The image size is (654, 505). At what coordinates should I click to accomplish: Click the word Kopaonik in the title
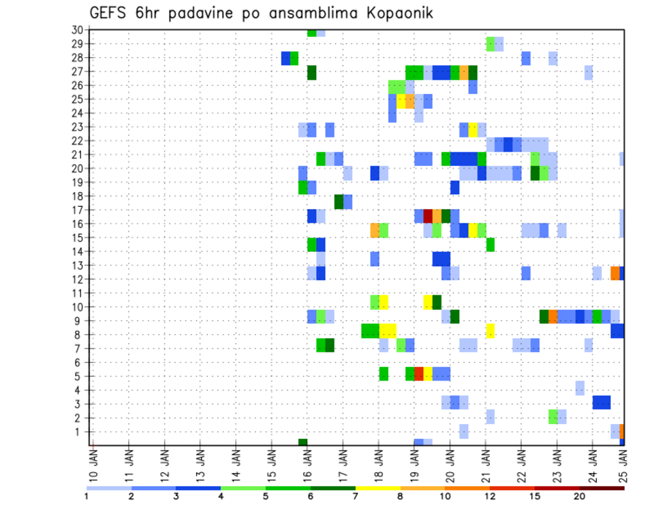tap(394, 14)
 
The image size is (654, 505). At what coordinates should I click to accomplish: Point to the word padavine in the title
tap(208, 14)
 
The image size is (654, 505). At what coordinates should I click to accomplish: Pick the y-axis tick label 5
tap(79, 376)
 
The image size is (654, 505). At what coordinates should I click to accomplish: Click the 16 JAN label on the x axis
tap(307, 466)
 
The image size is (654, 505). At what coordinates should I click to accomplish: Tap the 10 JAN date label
tap(94, 466)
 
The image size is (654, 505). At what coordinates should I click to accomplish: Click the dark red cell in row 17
tap(428, 216)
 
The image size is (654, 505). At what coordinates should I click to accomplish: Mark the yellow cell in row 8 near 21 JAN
tap(490, 331)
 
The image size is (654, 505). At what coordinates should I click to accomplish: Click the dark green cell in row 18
tap(339, 201)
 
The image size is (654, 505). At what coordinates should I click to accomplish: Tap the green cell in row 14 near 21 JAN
tap(490, 244)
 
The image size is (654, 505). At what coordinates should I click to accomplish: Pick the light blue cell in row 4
tap(580, 388)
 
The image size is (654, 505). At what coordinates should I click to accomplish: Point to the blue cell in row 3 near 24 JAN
tap(602, 402)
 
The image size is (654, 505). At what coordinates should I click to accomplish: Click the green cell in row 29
tap(490, 44)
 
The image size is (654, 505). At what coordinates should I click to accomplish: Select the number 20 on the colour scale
tap(580, 496)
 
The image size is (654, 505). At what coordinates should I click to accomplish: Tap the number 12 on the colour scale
tap(490, 496)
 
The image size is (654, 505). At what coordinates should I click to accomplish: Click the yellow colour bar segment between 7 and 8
tap(377, 488)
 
